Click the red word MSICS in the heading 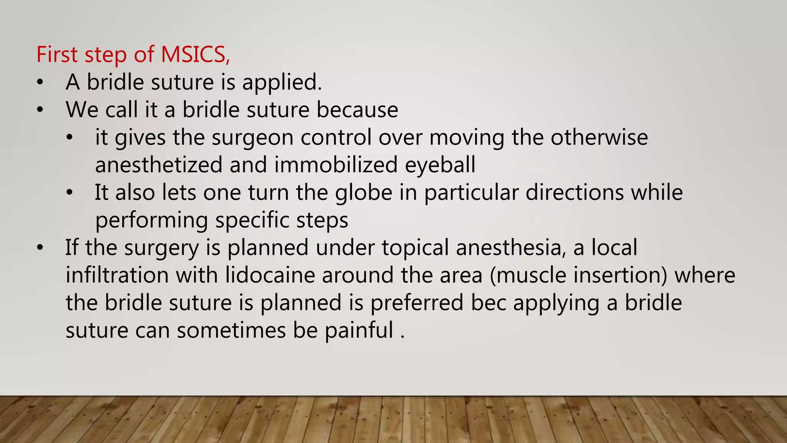pyautogui.click(x=193, y=54)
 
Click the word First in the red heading pyautogui.click(x=57, y=54)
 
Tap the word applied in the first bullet pyautogui.click(x=281, y=82)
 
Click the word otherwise pyautogui.click(x=599, y=138)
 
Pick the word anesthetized pyautogui.click(x=159, y=165)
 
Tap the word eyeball pyautogui.click(x=440, y=165)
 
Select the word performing pyautogui.click(x=151, y=221)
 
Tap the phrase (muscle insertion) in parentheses pyautogui.click(x=579, y=275)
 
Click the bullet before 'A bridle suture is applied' pyautogui.click(x=40, y=82)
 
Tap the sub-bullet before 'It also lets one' pyautogui.click(x=69, y=193)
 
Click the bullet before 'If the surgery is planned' pyautogui.click(x=40, y=248)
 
